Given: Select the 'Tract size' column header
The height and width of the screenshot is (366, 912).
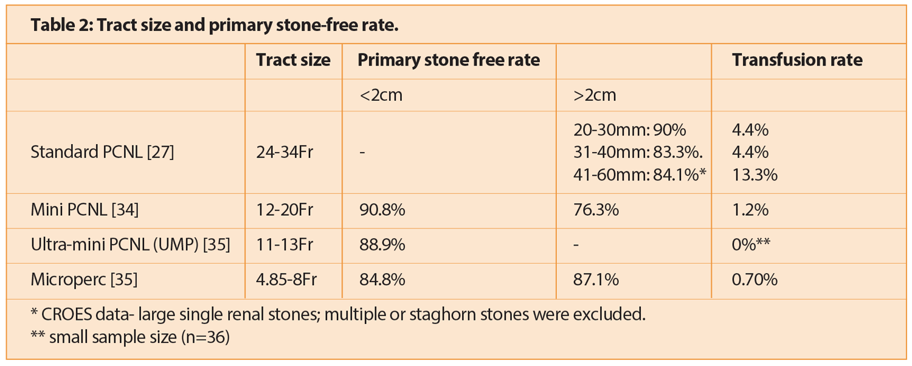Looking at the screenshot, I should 293,60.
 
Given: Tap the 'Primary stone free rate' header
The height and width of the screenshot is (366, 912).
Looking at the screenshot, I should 448,60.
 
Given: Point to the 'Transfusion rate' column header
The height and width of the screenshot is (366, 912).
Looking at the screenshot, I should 797,60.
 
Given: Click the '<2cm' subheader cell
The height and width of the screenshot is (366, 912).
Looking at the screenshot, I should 380,95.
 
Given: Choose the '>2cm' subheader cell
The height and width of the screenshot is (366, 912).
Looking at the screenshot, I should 594,95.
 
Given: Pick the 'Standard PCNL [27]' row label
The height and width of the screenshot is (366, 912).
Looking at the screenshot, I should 102,152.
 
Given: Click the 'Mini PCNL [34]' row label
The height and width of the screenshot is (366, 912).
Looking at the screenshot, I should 85,210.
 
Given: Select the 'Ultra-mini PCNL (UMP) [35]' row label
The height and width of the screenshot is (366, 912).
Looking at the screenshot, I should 130,245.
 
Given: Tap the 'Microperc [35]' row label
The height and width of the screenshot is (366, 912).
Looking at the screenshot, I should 84,280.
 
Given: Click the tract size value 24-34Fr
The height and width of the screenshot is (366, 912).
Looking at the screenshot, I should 285,152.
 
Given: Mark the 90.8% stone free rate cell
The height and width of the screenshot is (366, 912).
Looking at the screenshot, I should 381,210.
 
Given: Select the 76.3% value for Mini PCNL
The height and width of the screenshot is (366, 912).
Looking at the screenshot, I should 596,210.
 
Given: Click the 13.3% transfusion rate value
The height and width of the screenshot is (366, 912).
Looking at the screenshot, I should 755,175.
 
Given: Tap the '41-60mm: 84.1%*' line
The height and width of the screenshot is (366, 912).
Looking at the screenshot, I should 639,175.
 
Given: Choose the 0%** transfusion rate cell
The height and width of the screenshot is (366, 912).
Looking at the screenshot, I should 751,245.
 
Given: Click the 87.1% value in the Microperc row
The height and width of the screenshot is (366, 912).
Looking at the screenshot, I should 596,280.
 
